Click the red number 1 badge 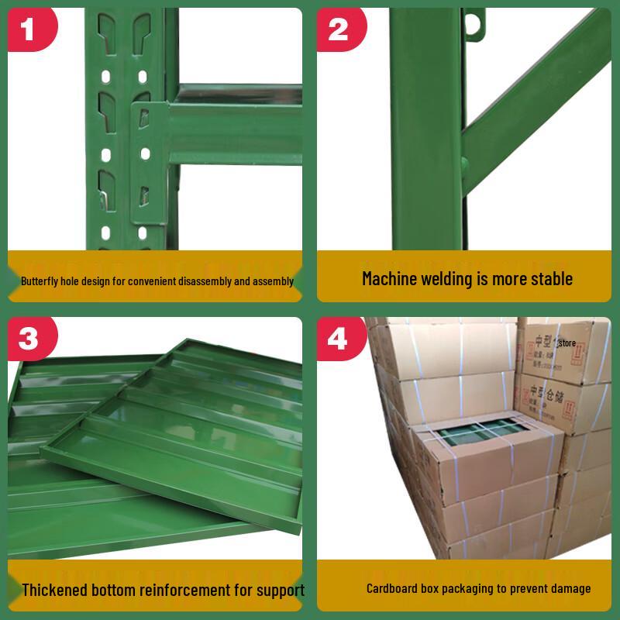[x=29, y=29]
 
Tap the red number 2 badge [x=339, y=29]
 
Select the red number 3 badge [x=29, y=338]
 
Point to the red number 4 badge [x=339, y=338]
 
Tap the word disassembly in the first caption [x=193, y=281]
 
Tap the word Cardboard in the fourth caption [x=394, y=589]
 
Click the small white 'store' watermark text [x=567, y=340]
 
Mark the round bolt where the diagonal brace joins [x=467, y=164]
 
